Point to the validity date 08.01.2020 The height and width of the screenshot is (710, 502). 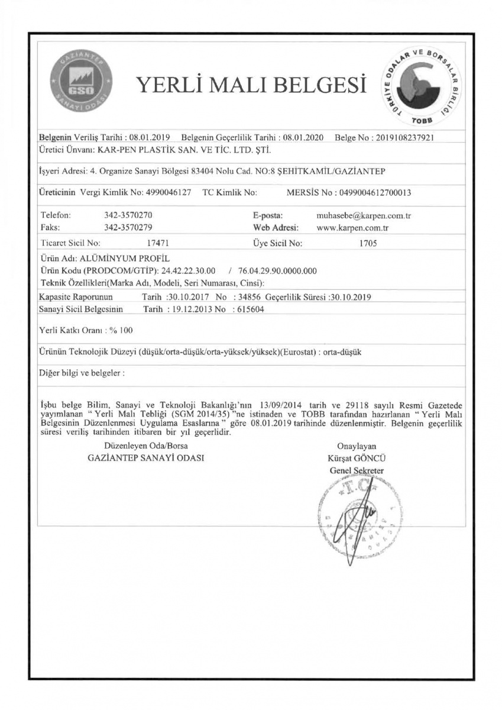tap(303, 137)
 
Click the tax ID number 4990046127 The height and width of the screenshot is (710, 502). tap(168, 193)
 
